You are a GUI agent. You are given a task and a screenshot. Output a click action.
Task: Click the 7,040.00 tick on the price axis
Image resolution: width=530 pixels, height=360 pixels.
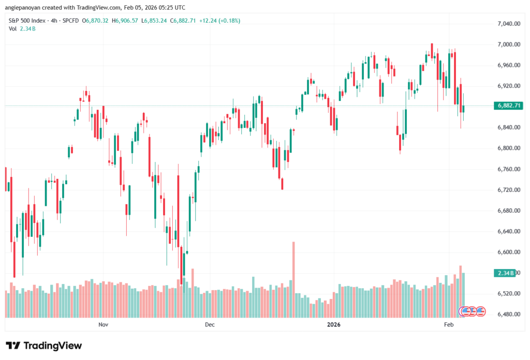508,24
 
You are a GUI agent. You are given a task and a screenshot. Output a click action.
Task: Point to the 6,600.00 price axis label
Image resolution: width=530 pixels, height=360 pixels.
508,252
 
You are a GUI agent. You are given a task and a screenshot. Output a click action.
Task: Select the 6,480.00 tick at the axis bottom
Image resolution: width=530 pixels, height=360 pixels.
508,314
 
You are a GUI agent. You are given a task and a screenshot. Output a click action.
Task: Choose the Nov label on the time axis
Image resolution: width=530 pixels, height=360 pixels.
103,325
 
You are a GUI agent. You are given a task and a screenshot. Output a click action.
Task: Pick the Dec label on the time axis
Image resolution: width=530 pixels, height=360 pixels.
210,325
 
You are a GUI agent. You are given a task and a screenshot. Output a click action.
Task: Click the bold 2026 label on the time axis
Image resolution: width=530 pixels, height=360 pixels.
334,325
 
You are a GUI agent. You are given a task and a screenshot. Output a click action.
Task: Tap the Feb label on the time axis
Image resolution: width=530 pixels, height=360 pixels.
449,325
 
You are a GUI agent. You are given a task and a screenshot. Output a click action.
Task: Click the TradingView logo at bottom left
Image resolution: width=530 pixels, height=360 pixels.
43,346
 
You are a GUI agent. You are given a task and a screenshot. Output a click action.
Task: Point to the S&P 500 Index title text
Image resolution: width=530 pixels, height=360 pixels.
26,21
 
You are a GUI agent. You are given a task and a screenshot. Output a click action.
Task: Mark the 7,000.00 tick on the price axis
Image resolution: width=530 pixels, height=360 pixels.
508,44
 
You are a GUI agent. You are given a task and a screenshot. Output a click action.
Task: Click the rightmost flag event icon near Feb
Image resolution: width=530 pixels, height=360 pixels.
480,311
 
